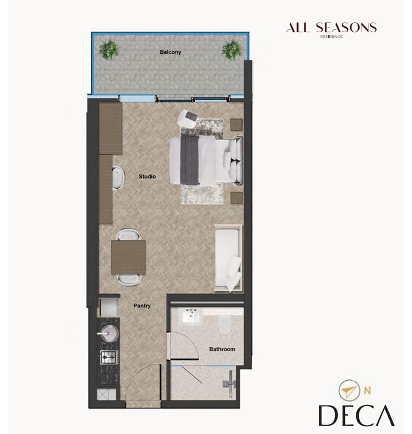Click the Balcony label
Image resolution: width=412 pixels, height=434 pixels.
(170, 52)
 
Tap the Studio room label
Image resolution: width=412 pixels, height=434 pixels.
(147, 176)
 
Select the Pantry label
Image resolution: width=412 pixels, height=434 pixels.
(142, 305)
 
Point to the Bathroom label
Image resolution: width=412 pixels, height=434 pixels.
(222, 349)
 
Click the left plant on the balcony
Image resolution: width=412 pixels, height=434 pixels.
(109, 50)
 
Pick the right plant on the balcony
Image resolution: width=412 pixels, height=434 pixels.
(232, 50)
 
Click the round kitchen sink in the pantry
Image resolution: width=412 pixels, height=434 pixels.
(109, 333)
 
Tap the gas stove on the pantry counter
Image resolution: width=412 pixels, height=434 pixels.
(109, 357)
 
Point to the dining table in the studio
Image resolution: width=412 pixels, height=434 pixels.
(129, 257)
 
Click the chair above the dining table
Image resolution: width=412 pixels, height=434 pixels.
(128, 234)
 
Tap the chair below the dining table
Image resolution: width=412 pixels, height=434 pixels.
(129, 280)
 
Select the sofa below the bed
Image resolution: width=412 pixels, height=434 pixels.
(228, 258)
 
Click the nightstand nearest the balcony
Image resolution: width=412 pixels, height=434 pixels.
(236, 125)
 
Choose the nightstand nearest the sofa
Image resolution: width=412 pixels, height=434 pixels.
(236, 198)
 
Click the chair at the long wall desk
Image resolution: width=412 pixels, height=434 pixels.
(118, 178)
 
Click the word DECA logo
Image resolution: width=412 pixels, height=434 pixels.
(356, 415)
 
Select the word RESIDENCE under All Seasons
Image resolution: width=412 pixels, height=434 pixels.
(332, 36)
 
